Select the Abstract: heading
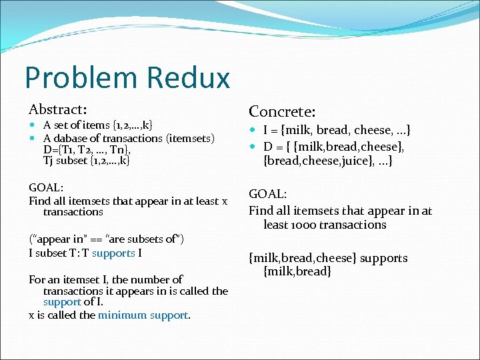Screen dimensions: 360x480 (58, 109)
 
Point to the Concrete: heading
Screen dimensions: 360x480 (282, 111)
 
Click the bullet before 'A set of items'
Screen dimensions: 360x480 (33, 125)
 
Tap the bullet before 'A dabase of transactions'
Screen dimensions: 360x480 (33, 138)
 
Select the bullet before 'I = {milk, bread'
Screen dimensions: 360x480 (253, 131)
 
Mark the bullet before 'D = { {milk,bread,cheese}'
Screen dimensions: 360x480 (253, 146)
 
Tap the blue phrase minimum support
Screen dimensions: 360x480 (143, 315)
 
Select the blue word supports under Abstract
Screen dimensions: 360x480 (113, 253)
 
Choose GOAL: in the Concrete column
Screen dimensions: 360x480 (267, 194)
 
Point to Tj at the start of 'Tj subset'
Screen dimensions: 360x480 (49, 161)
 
